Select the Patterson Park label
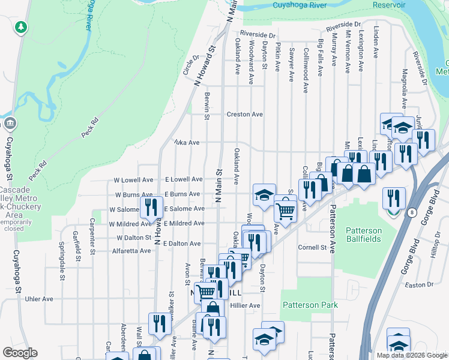coord(311,305)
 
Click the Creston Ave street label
coord(244,114)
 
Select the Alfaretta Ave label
coord(131,250)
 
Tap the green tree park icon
coord(21,27)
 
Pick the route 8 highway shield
coord(412,212)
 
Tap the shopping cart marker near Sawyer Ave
coord(286,211)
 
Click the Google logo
coord(20,353)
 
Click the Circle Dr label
coord(191,65)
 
